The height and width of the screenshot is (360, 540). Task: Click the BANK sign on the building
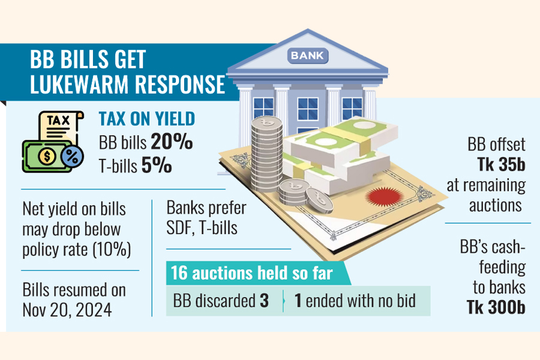tap(308, 55)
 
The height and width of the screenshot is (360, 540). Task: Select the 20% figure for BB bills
tap(172, 141)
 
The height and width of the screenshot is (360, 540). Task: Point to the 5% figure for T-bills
tap(157, 165)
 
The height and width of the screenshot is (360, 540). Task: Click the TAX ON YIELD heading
tap(147, 119)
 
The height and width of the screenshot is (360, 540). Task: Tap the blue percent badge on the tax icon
tap(72, 157)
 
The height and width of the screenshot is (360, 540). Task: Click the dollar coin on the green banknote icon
tap(47, 157)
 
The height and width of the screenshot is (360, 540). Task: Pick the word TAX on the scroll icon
tap(59, 120)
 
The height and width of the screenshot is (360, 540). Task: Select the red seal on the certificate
tap(385, 197)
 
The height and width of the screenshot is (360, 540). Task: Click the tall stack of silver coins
tap(266, 154)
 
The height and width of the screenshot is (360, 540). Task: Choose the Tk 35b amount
tap(501, 164)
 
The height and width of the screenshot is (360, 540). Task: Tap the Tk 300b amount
tap(496, 307)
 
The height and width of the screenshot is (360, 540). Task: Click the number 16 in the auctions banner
tap(179, 273)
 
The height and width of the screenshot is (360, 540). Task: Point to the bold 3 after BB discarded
tap(264, 301)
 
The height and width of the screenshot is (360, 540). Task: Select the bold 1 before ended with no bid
tap(298, 301)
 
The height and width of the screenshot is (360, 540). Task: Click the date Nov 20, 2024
tap(67, 310)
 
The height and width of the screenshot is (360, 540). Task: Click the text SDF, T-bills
tap(202, 228)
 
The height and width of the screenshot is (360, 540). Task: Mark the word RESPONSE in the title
tap(180, 84)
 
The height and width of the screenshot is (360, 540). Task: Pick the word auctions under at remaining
tap(495, 206)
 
